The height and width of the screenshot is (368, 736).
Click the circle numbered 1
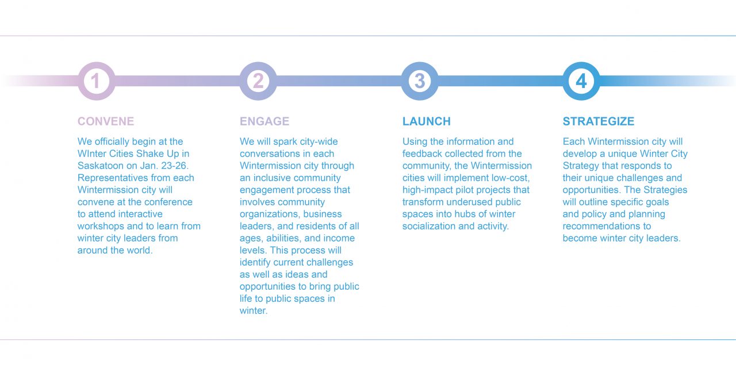tap(96, 81)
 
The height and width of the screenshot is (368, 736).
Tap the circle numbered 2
tap(258, 81)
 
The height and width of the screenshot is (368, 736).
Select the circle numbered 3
tap(420, 81)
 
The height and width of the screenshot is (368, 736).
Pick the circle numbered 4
tap(581, 81)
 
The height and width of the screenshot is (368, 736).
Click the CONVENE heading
tap(106, 121)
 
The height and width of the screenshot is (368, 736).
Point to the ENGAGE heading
tap(264, 121)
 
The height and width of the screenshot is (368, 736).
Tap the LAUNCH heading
tap(427, 121)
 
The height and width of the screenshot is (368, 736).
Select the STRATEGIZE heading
tap(599, 121)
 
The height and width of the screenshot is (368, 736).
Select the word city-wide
tap(319, 142)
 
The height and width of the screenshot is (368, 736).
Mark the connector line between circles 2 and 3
tap(339, 81)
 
